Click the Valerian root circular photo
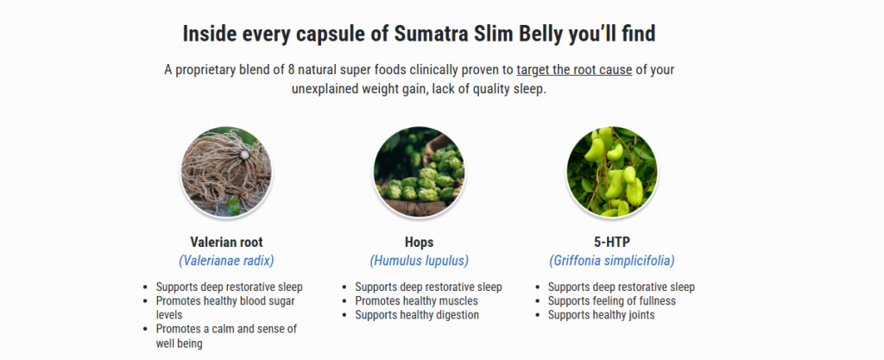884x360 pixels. coord(226,173)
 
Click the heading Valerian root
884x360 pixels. coord(227,243)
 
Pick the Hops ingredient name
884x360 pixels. coord(419,243)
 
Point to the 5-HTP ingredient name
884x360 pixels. coord(612,243)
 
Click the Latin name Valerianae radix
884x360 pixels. coord(227,261)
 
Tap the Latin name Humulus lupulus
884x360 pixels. coord(419,261)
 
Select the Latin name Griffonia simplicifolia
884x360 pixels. coord(612,261)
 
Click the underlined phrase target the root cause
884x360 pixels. coord(574,71)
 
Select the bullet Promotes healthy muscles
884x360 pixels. coord(416,300)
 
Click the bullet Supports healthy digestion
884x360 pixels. coord(417,315)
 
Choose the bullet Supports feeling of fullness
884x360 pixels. coord(612,300)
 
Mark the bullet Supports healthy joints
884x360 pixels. coord(601,315)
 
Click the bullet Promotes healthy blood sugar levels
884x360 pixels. coord(225,307)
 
